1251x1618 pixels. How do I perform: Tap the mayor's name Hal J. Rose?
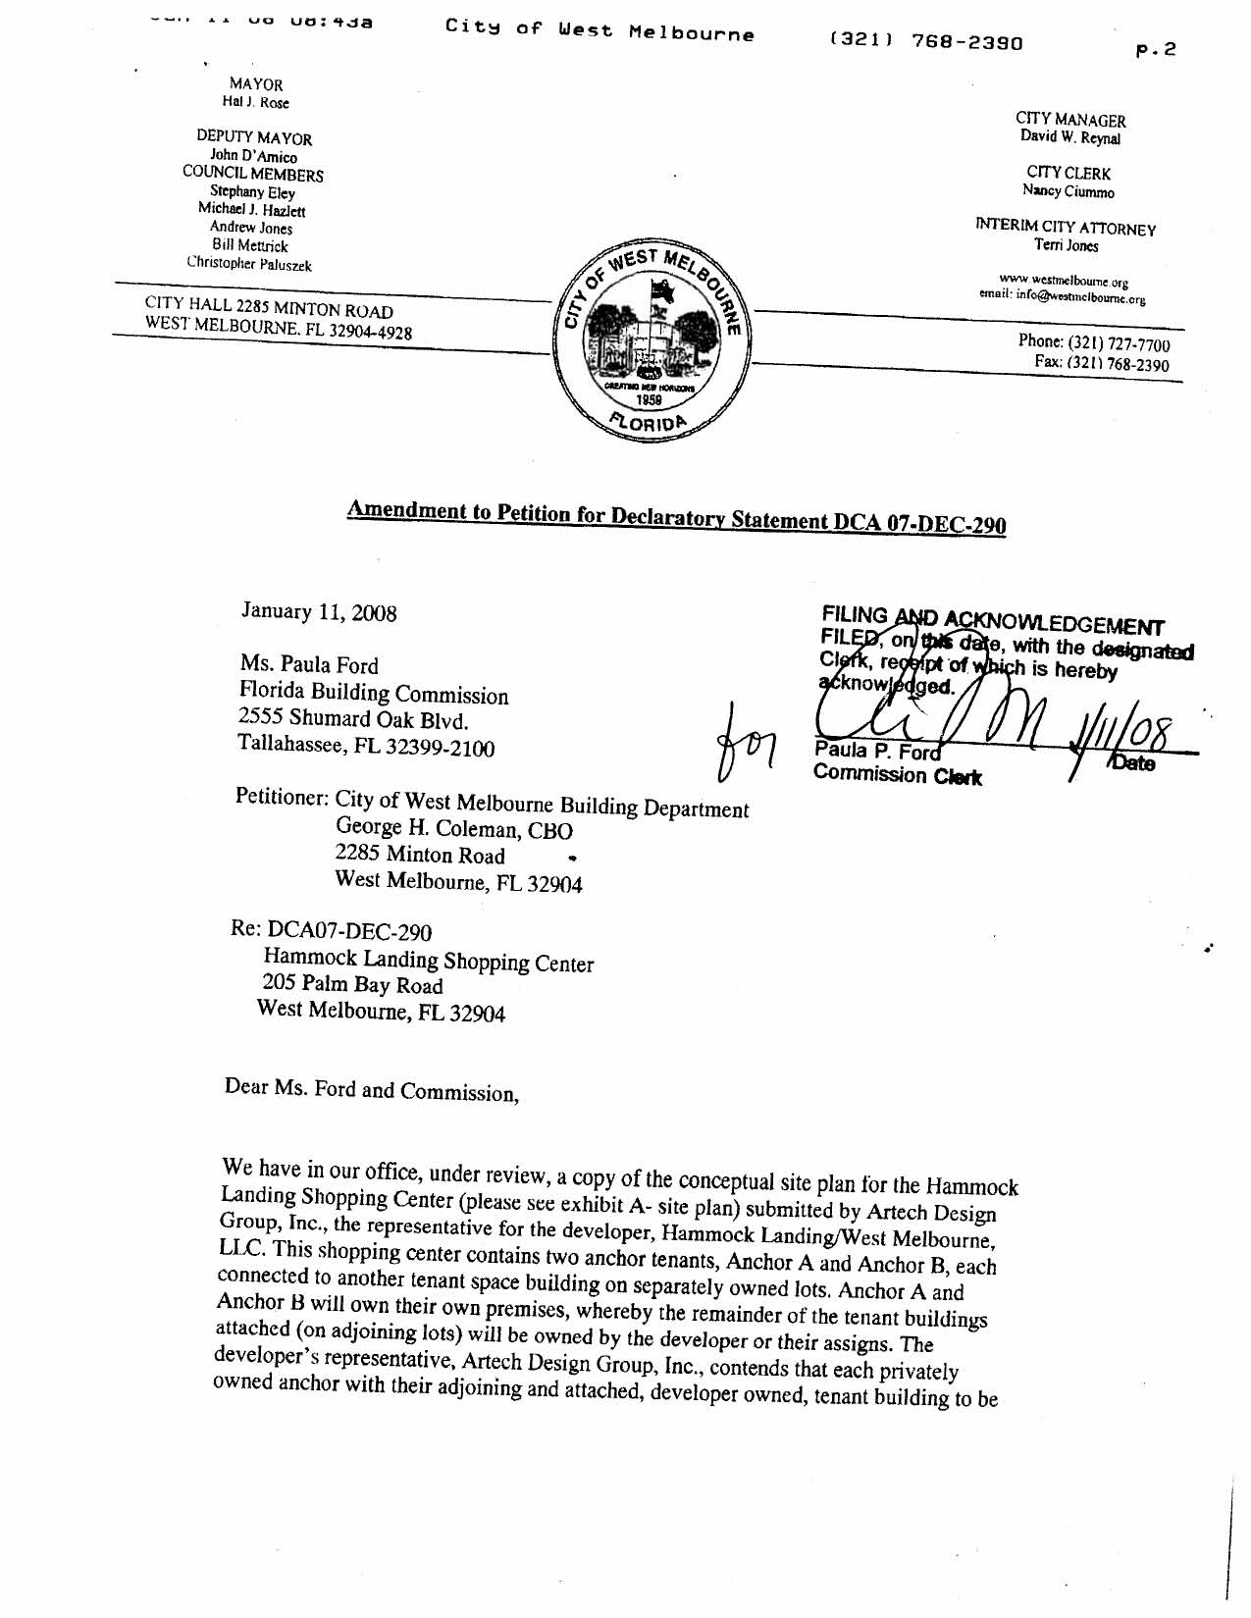[255, 103]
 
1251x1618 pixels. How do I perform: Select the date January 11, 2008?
[319, 612]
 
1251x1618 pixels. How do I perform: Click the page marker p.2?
[1155, 50]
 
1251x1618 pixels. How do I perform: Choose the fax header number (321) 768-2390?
[925, 42]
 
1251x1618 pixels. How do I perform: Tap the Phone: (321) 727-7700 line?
[1093, 343]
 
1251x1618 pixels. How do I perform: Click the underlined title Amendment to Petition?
[676, 516]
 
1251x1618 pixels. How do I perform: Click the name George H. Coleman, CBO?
[453, 828]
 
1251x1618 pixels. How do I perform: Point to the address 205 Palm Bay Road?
[352, 984]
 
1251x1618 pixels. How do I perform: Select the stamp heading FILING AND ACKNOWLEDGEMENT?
[992, 621]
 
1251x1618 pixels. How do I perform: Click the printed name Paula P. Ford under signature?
[876, 753]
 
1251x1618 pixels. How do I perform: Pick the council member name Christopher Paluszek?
[249, 263]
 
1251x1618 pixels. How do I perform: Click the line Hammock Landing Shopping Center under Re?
[428, 960]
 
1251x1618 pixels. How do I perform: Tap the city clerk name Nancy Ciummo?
[1068, 191]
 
